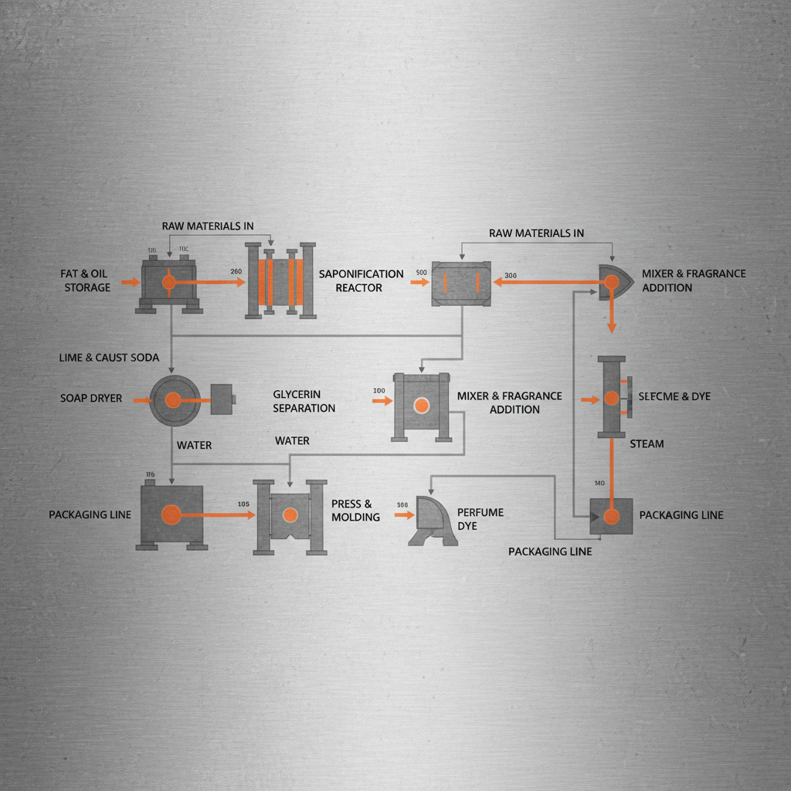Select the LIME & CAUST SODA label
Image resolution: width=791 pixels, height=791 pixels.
[109, 358]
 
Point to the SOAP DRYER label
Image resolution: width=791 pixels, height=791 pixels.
[91, 399]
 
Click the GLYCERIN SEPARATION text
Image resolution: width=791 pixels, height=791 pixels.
[304, 401]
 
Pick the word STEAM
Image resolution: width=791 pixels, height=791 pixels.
[647, 444]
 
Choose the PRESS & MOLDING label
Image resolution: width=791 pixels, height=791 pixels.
[355, 511]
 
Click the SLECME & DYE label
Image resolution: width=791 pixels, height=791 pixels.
[674, 396]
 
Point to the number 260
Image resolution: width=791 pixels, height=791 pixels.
[236, 271]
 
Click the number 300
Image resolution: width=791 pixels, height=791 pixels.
[510, 276]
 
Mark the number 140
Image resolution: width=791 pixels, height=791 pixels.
[599, 484]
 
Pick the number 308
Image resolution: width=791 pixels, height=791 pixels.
[402, 505]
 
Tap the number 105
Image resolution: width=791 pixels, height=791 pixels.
[244, 504]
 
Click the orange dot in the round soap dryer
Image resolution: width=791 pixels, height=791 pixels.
[173, 399]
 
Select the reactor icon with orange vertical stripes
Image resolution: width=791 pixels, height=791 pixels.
[281, 281]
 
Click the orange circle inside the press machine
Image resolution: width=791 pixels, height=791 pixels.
[290, 515]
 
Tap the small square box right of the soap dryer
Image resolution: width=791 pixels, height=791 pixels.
[222, 398]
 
